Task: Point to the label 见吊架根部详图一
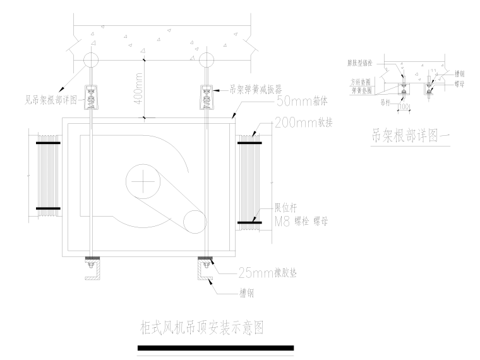53,99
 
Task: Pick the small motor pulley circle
195,222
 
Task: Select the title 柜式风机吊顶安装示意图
201,328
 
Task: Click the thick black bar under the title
215,347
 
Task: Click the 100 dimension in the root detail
404,107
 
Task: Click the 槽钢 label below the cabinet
248,293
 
